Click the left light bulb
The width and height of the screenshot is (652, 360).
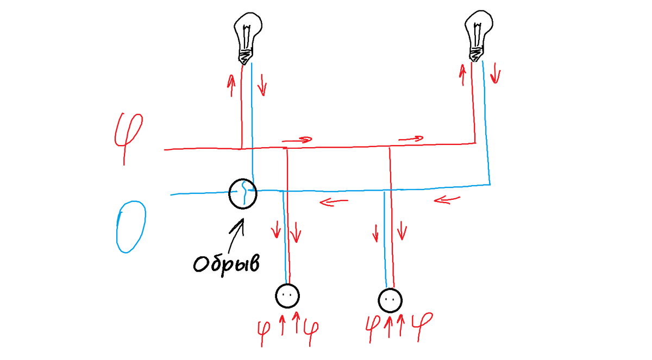point(247,38)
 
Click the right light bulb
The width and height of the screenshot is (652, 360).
point(478,36)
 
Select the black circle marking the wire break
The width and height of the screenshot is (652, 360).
point(243,180)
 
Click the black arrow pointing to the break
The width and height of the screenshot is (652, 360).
point(236,235)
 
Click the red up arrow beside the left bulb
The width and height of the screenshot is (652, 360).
point(231,85)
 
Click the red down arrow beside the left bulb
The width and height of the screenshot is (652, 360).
point(262,85)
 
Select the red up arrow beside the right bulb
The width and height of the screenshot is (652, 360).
point(462,75)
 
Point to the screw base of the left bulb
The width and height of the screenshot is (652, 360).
point(245,57)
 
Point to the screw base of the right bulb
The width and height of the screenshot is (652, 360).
point(475,55)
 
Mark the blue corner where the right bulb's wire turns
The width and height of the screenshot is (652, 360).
point(490,185)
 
